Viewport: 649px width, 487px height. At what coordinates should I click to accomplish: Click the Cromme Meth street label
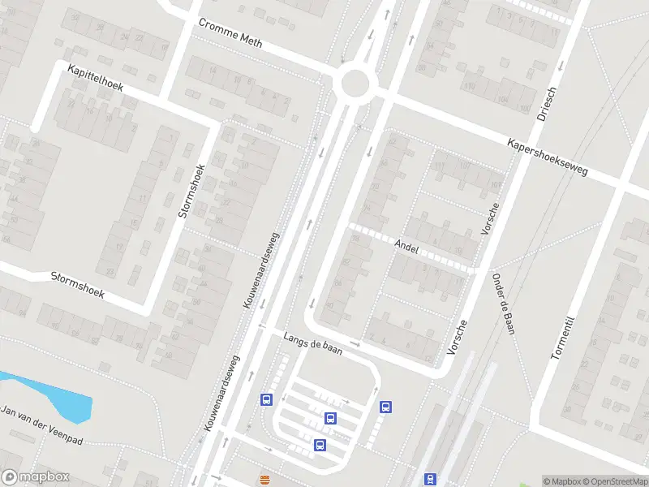click(230, 32)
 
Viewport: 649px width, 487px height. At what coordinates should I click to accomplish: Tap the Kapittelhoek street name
click(95, 78)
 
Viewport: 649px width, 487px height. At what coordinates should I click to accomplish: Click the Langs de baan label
click(312, 343)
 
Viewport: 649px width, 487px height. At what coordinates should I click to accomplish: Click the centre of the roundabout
click(355, 82)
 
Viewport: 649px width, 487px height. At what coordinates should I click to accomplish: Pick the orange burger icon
click(264, 480)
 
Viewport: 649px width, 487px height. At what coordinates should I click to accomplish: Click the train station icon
click(430, 480)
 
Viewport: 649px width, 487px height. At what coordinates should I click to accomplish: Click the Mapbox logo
click(34, 476)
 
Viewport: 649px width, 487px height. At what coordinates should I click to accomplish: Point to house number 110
click(469, 87)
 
